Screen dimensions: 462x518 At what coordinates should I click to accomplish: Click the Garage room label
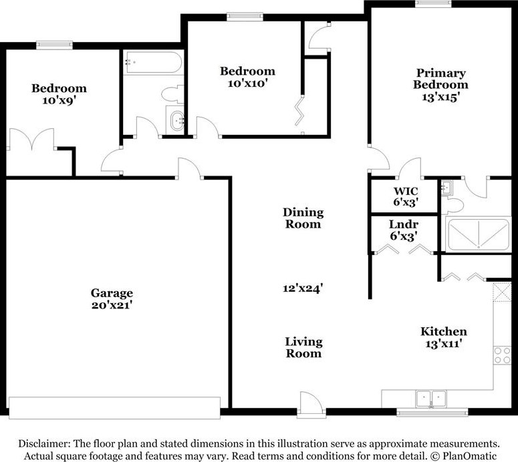[112, 293]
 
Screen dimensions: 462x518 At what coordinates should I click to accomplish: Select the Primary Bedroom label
[440, 79]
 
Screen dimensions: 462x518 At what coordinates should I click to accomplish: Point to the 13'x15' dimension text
[440, 96]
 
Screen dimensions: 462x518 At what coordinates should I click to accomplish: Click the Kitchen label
[443, 332]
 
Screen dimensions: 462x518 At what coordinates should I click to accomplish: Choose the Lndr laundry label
[404, 225]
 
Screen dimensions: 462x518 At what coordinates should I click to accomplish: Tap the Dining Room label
[303, 218]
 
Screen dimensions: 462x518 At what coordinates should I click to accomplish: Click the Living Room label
[303, 347]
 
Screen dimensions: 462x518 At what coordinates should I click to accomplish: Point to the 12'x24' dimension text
[303, 288]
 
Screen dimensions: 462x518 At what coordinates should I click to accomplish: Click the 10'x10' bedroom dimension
[247, 83]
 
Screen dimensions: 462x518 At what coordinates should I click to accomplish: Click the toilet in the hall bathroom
[173, 93]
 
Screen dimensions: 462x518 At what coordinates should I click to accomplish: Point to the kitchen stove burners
[502, 355]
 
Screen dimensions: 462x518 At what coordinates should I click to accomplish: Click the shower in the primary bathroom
[477, 234]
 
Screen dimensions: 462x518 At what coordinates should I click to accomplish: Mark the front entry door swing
[309, 404]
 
